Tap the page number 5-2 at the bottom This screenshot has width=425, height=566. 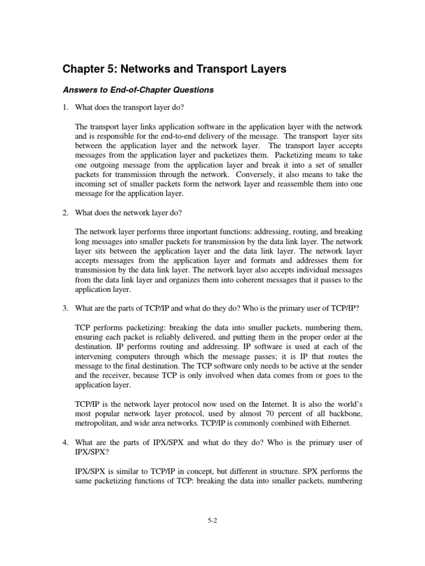click(x=212, y=520)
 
